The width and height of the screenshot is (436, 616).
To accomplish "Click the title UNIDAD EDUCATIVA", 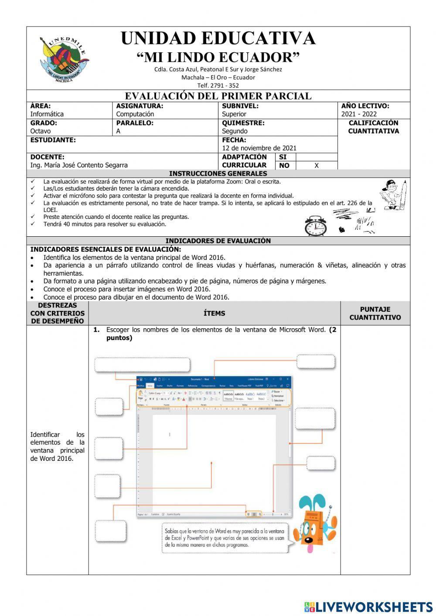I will point(218,38).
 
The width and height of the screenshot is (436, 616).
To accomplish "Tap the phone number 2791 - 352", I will point(218,85).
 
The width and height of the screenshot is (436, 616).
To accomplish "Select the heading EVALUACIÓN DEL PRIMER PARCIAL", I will point(218,96).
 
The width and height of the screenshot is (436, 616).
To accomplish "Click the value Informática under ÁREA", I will point(47,114).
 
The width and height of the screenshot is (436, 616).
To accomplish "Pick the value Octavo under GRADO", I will point(40,131).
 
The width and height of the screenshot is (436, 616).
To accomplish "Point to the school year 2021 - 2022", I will point(359,114).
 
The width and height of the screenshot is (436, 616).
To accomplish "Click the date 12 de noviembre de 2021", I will point(259,148).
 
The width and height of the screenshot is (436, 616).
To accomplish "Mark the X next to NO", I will point(317,166).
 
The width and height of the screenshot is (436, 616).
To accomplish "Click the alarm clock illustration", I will point(316,226).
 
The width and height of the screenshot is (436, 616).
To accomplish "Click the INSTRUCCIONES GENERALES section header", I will point(218,174).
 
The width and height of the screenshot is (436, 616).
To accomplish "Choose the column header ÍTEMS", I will point(214,313).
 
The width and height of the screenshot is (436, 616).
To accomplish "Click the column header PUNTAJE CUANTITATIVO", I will point(375,313).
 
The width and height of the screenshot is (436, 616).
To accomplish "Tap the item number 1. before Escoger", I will point(97,330).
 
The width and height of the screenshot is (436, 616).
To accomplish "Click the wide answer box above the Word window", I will point(142,365).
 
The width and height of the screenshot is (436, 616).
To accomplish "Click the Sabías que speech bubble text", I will point(225,538).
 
